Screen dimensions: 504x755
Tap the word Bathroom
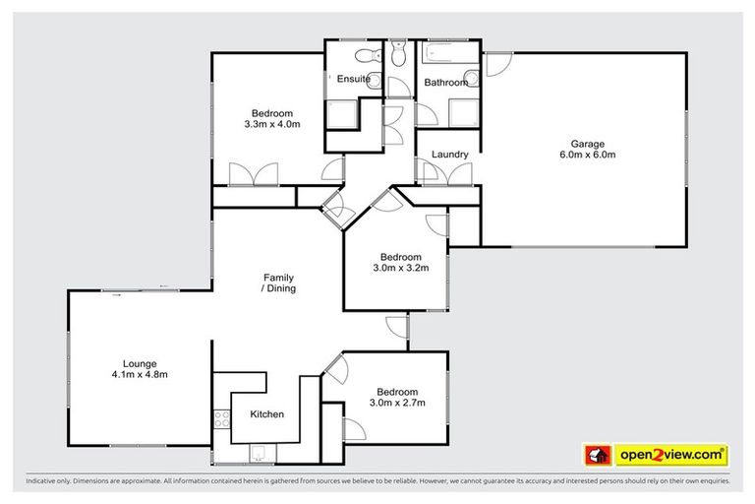[x=445, y=83]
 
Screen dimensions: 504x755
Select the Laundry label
[x=449, y=155]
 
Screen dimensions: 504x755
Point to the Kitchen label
[x=266, y=414]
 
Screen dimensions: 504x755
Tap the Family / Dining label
[x=278, y=283]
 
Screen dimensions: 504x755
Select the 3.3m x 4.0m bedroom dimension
[x=270, y=125]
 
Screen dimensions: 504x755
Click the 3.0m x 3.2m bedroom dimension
[x=400, y=266]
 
